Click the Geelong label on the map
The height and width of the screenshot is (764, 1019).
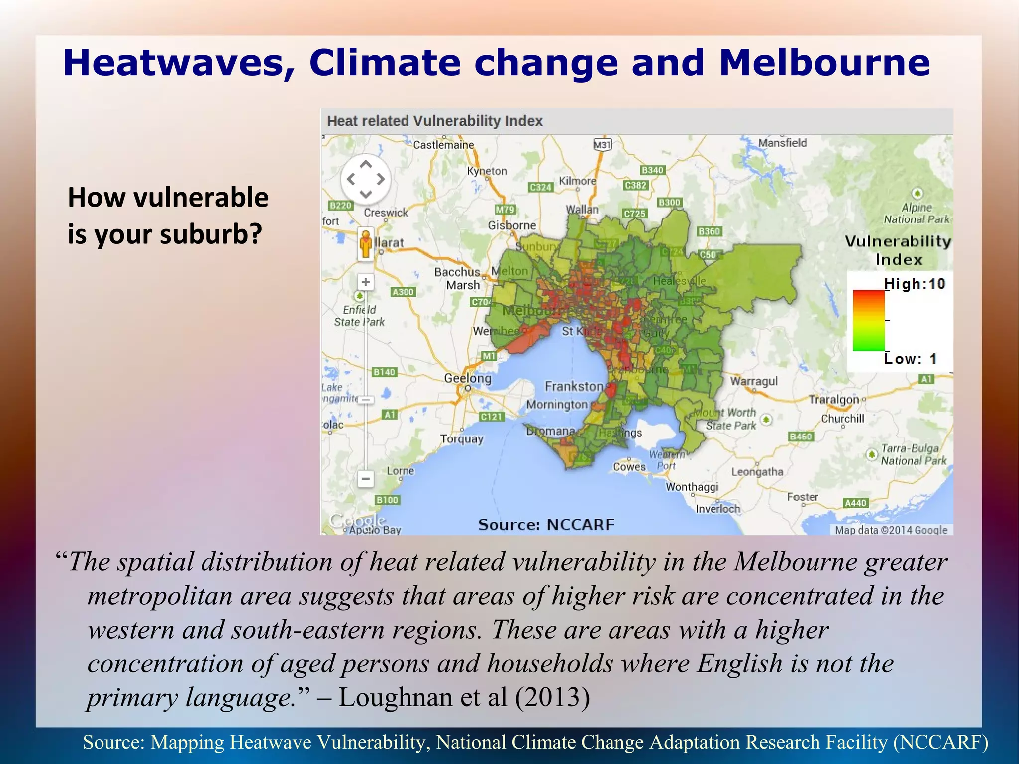tap(468, 378)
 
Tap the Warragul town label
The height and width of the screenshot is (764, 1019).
tap(754, 381)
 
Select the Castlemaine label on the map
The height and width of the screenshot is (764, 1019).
tap(444, 145)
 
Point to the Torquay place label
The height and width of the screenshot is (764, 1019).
tap(462, 438)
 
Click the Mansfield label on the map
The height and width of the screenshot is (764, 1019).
tap(782, 143)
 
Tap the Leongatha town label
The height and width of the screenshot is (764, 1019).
tap(757, 471)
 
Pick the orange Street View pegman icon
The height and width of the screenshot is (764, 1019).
tap(366, 244)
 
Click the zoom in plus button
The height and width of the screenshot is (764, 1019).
tap(366, 282)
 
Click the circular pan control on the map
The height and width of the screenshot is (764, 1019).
tap(366, 179)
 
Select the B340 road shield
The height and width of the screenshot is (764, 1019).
tap(652, 170)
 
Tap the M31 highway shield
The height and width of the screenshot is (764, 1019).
tap(602, 145)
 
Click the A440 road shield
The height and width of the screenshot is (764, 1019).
tap(856, 503)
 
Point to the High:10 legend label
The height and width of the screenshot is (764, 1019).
tap(915, 284)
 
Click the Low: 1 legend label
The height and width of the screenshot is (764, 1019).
tap(911, 358)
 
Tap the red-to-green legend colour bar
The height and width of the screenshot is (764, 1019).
tap(869, 321)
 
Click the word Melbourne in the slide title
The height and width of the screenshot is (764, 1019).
tap(824, 63)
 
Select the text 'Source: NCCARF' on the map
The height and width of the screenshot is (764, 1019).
tap(546, 524)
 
